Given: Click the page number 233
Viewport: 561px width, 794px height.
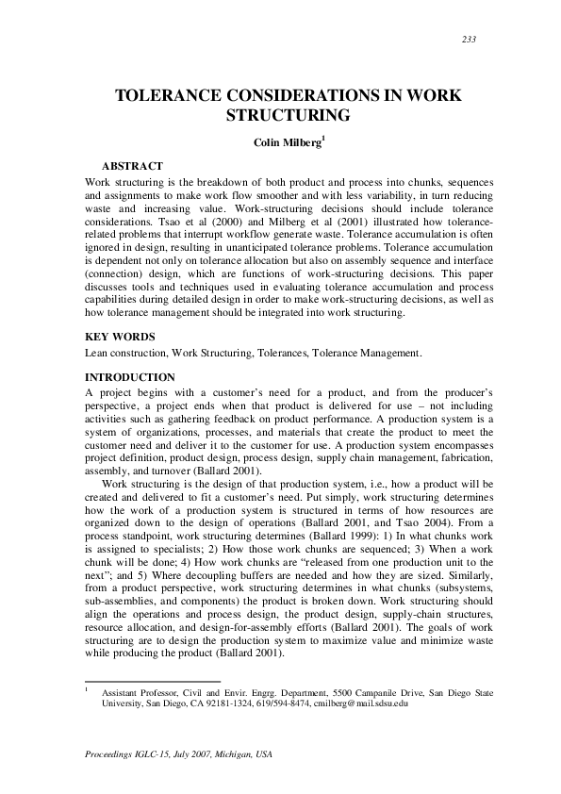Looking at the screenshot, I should click(469, 39).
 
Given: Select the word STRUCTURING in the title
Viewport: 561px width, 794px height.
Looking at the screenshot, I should click(280, 117).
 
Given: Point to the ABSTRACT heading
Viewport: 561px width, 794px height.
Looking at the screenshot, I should click(133, 165).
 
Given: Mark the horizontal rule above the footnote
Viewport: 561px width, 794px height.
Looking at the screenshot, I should click(152, 680).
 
